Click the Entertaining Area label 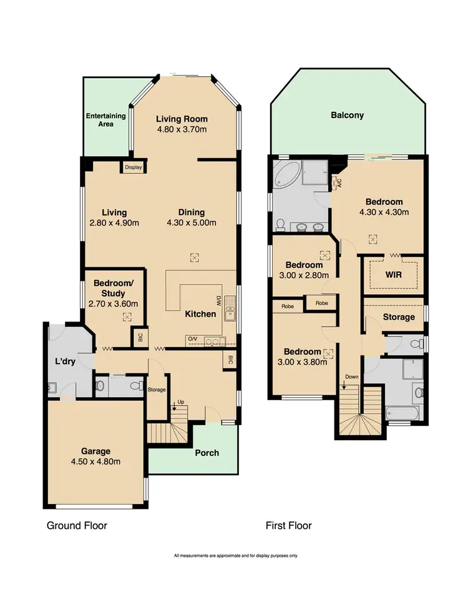tap(105, 120)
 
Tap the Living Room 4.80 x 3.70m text tap(182, 124)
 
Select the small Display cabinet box tap(133, 167)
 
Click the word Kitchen tap(200, 314)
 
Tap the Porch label tap(206, 452)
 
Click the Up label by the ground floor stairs tap(182, 401)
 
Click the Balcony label tap(348, 115)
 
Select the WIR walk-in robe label tap(393, 275)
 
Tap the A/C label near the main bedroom tap(338, 182)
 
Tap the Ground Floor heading tap(77, 526)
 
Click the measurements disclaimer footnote tap(235, 555)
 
